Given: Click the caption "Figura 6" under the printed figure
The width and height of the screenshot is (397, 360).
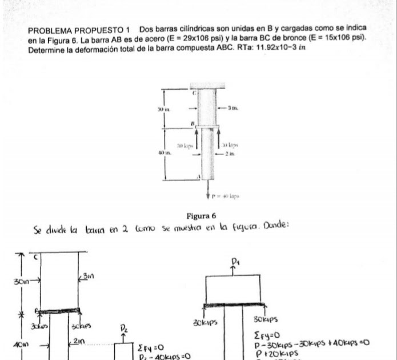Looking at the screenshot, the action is click(x=202, y=216).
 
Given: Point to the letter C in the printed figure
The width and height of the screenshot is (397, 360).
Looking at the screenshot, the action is click(x=194, y=92).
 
